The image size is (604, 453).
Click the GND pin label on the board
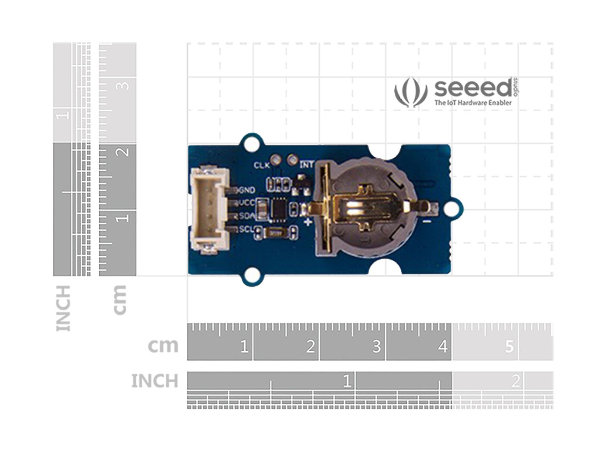247,190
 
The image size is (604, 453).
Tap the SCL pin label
247,229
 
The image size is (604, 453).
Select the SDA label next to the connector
247,216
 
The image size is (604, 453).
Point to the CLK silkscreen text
261,165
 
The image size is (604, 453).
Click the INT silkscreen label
307,165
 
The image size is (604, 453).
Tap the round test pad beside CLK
276,160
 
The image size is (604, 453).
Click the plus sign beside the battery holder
308,222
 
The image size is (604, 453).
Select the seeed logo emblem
410,91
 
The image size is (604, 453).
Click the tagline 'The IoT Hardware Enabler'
473,103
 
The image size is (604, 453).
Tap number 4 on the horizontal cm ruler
443,346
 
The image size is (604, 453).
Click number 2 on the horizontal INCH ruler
515,381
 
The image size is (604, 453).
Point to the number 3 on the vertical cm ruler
124,85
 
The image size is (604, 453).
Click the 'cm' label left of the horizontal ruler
163,346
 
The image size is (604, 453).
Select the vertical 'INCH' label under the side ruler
63,308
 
